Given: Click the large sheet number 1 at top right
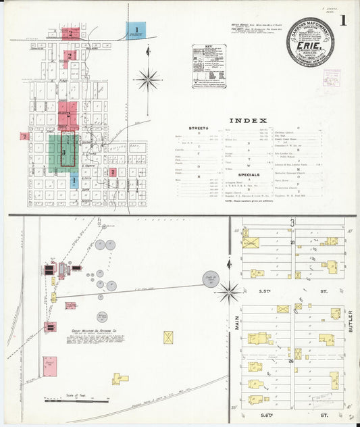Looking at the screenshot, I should pos(343,20).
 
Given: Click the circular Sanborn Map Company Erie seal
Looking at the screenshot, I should pos(309,42).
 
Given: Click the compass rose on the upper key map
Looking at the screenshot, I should pos(147,80).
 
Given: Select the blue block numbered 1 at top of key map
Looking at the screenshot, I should pos(136,30).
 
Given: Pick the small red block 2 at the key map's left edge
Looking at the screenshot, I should pos(24,136).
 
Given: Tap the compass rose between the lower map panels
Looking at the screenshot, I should pos(228,293).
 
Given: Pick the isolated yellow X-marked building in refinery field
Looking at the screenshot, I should pos(168,336).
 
